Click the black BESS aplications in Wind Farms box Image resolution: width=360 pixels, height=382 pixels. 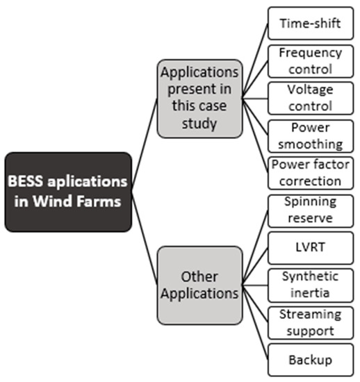(x=67, y=192)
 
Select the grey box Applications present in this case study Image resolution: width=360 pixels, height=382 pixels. (x=199, y=97)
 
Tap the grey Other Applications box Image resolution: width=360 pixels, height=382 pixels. (x=199, y=285)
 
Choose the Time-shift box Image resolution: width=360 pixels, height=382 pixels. (x=310, y=23)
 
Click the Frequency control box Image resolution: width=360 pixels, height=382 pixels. (x=310, y=61)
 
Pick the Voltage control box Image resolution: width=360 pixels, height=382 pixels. (x=310, y=99)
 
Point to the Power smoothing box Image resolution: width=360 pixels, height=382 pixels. (x=310, y=136)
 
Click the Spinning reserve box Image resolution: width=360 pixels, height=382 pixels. (x=310, y=210)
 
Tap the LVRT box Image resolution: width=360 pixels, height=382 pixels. (x=310, y=247)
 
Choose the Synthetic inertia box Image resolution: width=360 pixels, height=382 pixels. (x=310, y=285)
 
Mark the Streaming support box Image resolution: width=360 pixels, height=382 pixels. (x=310, y=322)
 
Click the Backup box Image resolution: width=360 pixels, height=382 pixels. (x=310, y=360)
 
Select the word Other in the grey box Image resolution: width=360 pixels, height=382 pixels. (x=199, y=276)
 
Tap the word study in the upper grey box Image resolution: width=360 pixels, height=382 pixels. (x=199, y=124)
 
